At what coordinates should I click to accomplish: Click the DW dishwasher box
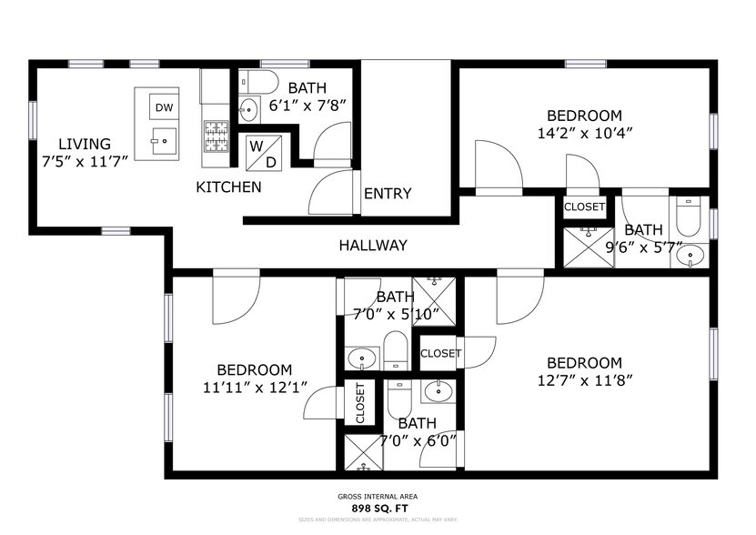(x=164, y=108)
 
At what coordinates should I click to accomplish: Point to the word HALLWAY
(x=373, y=246)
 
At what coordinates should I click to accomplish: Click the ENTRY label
(x=388, y=194)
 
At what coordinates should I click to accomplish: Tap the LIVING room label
(x=85, y=144)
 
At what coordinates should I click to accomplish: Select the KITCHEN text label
(x=229, y=187)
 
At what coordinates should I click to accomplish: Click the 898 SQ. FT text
(x=378, y=507)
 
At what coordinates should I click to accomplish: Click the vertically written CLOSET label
(x=360, y=402)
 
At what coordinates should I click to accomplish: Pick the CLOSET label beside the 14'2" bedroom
(x=584, y=207)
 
